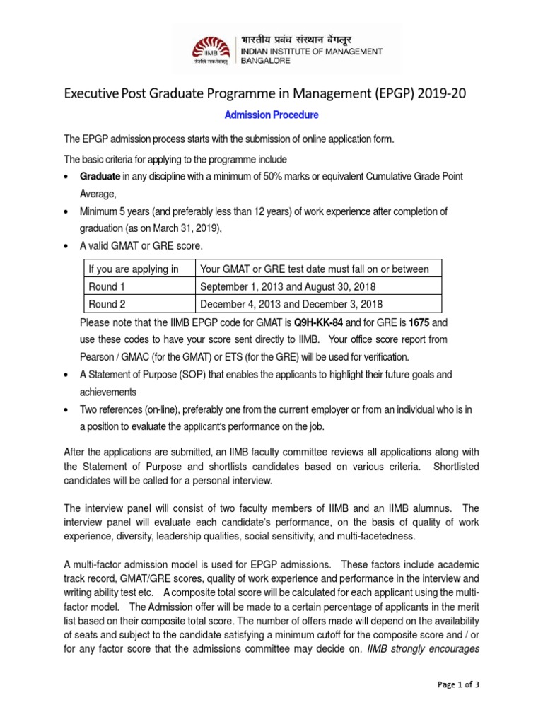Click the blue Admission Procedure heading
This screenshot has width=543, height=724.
pyautogui.click(x=271, y=115)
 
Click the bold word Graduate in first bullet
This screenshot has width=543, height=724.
pyautogui.click(x=103, y=176)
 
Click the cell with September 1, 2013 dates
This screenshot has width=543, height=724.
pyautogui.click(x=288, y=286)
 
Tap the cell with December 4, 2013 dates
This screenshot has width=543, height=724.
pyautogui.click(x=291, y=304)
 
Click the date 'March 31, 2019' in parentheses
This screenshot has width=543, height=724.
pyautogui.click(x=184, y=228)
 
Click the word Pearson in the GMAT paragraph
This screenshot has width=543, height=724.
pyautogui.click(x=100, y=356)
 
